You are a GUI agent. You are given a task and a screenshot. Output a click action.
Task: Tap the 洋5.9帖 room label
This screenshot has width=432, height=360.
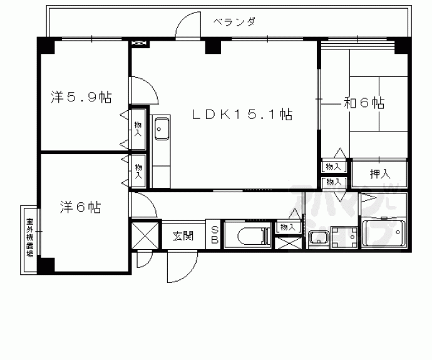[x=81, y=98]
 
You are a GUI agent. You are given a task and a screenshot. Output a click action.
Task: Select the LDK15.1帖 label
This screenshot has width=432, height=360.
[x=242, y=114]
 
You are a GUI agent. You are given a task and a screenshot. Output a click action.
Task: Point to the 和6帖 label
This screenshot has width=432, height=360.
[x=363, y=103]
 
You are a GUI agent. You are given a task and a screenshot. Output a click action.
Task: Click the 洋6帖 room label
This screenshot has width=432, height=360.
[x=81, y=207]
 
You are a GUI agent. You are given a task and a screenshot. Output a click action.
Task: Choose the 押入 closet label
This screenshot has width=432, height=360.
[x=379, y=174]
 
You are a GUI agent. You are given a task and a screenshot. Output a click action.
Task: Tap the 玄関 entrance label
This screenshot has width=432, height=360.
[x=183, y=235]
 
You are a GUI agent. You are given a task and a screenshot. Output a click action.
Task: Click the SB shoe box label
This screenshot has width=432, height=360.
[x=213, y=234]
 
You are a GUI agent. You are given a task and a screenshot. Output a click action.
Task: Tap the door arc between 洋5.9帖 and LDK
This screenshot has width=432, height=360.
[x=145, y=91]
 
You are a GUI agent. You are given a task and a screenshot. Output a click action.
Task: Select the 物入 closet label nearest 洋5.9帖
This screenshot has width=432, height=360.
[x=138, y=130]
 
